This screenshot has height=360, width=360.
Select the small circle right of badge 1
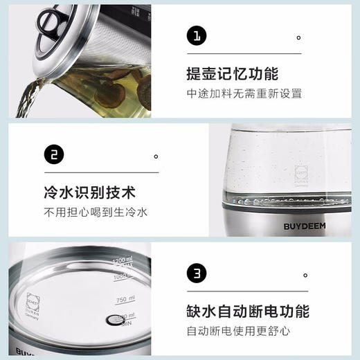coord(298,37)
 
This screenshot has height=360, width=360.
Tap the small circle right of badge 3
coord(304,276)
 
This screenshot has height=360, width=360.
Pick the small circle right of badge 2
coord(156,156)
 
